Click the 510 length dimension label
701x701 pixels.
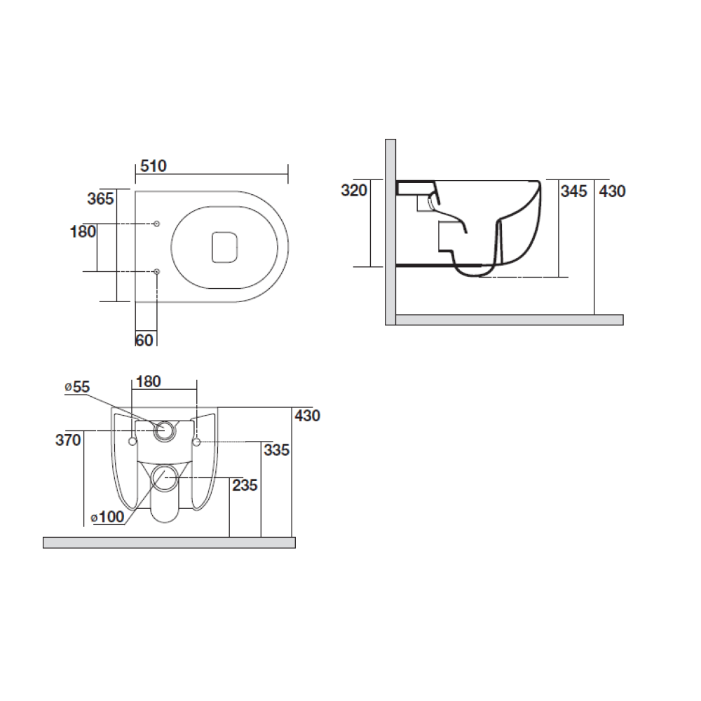pyautogui.click(x=154, y=166)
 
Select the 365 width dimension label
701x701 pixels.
pyautogui.click(x=100, y=198)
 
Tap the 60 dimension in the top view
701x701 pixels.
pyautogui.click(x=144, y=340)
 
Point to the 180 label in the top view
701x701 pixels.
pyautogui.click(x=83, y=231)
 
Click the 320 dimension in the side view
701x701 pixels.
pyautogui.click(x=354, y=191)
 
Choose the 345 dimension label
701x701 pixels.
pyautogui.click(x=573, y=191)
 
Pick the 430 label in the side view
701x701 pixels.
pyautogui.click(x=612, y=191)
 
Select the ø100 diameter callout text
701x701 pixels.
pyautogui.click(x=108, y=517)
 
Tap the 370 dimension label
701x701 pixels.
pyautogui.click(x=69, y=440)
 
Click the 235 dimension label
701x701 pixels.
pyautogui.click(x=245, y=485)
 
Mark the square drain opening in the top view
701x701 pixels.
pyautogui.click(x=224, y=246)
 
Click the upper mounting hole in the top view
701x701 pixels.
pyautogui.click(x=156, y=224)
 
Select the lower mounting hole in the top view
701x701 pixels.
pyautogui.click(x=156, y=271)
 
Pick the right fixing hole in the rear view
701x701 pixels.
pyautogui.click(x=196, y=442)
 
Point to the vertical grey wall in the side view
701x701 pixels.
pyautogui.click(x=390, y=231)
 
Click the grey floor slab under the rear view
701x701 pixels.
pyautogui.click(x=168, y=543)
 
